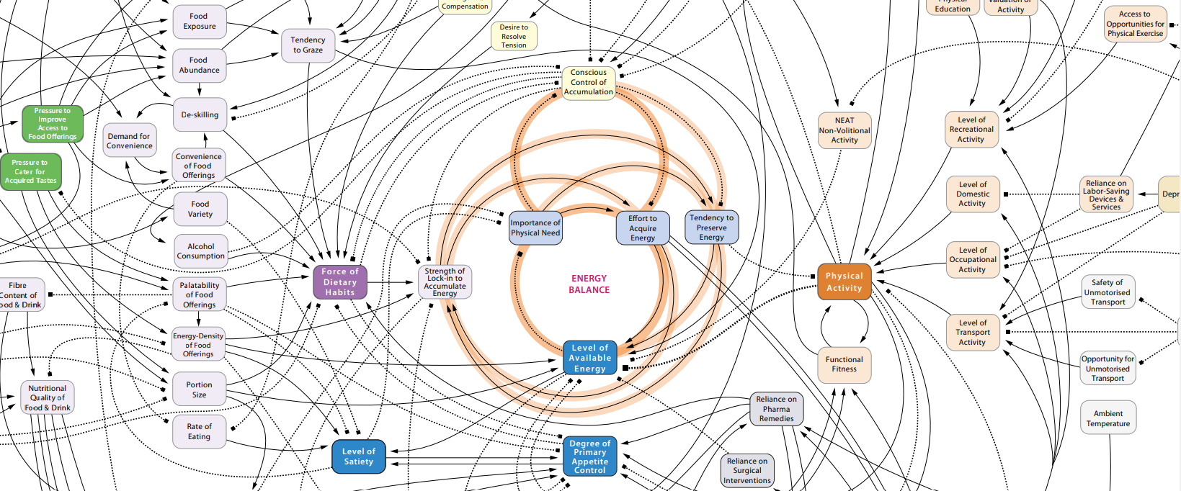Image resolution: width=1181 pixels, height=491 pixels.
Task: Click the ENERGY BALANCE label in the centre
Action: point(589,284)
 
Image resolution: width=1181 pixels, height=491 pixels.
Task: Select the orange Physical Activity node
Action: point(844,282)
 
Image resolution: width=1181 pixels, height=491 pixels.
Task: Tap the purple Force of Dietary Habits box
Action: point(340,282)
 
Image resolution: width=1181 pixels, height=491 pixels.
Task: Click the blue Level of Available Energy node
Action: point(589,358)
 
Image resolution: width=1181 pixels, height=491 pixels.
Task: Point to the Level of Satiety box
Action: point(358,456)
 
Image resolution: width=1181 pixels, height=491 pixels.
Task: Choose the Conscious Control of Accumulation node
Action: point(588,82)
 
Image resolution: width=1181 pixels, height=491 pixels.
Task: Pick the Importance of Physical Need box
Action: point(535,228)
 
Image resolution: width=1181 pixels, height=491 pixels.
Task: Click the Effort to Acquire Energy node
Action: point(643,228)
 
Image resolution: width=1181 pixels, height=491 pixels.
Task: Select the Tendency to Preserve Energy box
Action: point(711,228)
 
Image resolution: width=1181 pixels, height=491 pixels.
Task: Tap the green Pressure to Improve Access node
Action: point(53,124)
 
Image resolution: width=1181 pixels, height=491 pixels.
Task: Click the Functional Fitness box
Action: point(844,364)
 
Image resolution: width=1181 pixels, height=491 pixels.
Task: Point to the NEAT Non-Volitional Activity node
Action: point(844,130)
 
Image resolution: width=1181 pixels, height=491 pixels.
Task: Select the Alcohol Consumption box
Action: point(201,251)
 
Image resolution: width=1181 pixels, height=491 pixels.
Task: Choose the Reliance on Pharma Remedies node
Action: point(776,409)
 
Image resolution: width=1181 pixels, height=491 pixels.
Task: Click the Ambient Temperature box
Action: point(1108,418)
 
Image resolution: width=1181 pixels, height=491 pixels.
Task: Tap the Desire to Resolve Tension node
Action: point(514,36)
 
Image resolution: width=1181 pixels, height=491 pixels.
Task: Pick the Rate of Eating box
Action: point(200,431)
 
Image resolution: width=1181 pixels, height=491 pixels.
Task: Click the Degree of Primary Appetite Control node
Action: point(589,457)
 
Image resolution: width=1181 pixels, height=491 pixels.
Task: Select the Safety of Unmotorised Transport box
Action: point(1108,292)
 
